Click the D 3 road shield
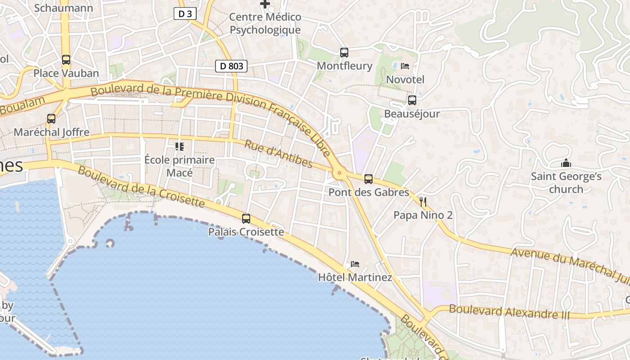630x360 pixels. click(x=185, y=14)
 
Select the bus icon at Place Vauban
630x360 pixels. click(x=66, y=59)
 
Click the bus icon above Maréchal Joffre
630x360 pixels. click(x=51, y=119)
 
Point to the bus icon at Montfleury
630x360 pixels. click(x=344, y=53)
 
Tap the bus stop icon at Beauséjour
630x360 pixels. click(x=412, y=100)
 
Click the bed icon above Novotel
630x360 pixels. click(x=405, y=66)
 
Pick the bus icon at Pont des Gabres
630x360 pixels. click(x=369, y=179)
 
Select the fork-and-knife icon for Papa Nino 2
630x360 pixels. click(x=423, y=202)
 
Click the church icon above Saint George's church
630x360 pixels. click(x=566, y=163)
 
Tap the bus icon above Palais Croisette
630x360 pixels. click(x=246, y=219)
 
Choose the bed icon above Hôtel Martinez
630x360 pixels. click(x=355, y=264)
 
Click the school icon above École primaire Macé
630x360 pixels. click(x=180, y=146)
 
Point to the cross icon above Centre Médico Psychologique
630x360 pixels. click(x=265, y=4)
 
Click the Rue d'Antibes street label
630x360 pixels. click(x=279, y=154)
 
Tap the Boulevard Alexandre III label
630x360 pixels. click(x=509, y=311)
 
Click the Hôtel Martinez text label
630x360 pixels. click(x=355, y=277)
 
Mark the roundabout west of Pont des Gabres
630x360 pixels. click(x=339, y=172)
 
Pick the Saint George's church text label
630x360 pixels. click(x=566, y=182)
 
